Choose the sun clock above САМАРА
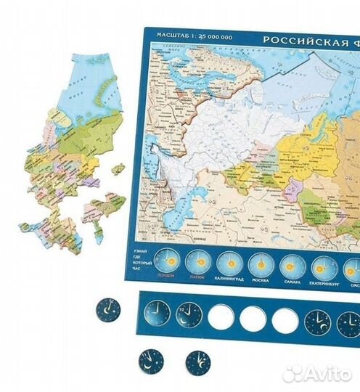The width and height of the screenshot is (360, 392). tap(292, 264)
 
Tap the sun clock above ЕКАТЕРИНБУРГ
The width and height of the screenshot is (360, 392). tap(325, 265)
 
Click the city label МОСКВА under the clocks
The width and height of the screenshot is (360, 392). tap(259, 280)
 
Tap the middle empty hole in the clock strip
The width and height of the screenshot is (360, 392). tap(252, 317)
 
